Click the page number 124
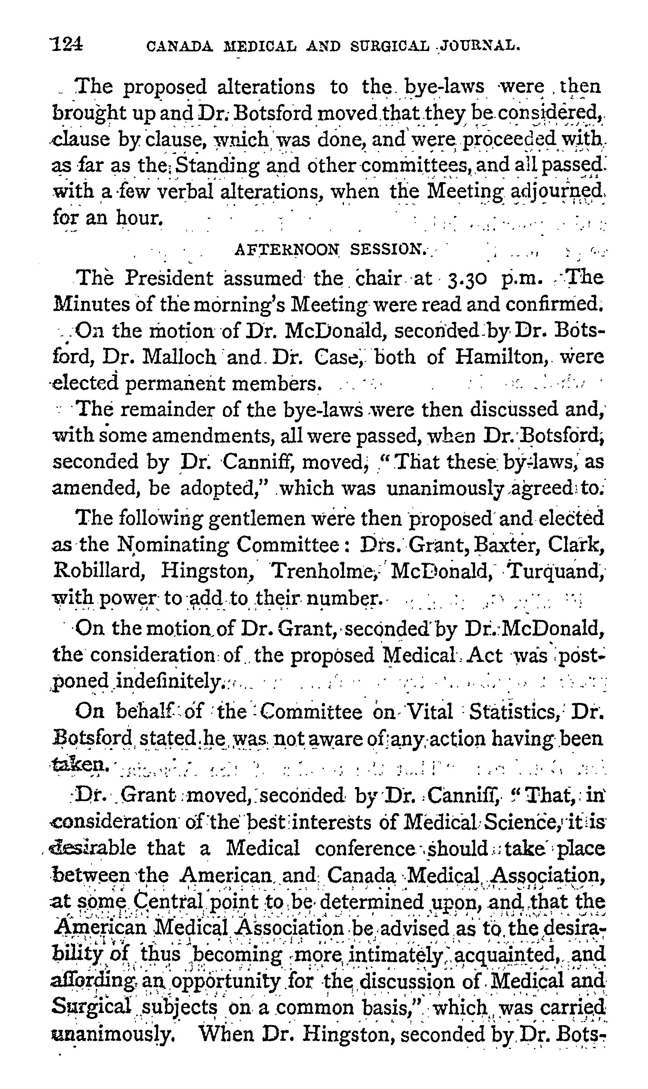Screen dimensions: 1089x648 click(x=67, y=44)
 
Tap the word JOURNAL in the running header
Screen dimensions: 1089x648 click(x=483, y=46)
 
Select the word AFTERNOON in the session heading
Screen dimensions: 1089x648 click(x=287, y=249)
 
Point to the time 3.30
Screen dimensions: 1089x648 click(x=466, y=279)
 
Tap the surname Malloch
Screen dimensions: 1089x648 click(x=179, y=357)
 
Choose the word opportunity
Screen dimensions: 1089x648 click(x=225, y=981)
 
